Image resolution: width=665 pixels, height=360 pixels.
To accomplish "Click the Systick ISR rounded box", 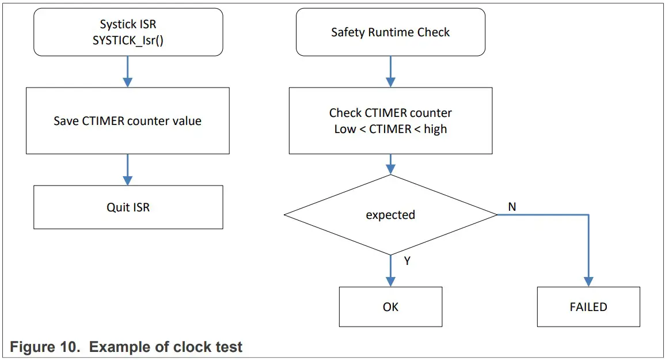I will pyautogui.click(x=128, y=32).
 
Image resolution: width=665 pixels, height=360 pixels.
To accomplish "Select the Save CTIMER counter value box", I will pyautogui.click(x=128, y=121).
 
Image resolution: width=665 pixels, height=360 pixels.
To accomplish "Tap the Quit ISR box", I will pyautogui.click(x=128, y=207).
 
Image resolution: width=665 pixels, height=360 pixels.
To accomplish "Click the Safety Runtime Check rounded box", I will pyautogui.click(x=390, y=32).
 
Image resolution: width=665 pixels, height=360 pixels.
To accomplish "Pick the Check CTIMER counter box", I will pyautogui.click(x=390, y=121).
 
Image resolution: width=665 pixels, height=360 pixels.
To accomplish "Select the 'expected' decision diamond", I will pyautogui.click(x=390, y=215).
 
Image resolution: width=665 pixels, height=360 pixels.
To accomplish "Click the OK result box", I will pyautogui.click(x=390, y=307).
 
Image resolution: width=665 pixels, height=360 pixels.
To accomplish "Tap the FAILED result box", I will pyautogui.click(x=588, y=307).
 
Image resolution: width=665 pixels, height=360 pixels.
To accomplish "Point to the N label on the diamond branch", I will pyautogui.click(x=512, y=206).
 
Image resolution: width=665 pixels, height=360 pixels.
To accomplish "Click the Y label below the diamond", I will pyautogui.click(x=407, y=261).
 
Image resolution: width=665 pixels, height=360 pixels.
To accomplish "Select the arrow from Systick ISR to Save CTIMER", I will pyautogui.click(x=128, y=71).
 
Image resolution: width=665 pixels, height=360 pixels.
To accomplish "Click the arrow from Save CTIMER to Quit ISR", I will pyautogui.click(x=128, y=169).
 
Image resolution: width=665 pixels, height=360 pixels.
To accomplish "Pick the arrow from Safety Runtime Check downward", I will pyautogui.click(x=390, y=71).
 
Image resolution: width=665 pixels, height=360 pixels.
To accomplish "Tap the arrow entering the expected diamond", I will pyautogui.click(x=390, y=165).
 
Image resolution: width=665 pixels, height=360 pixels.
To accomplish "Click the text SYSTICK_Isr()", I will pyautogui.click(x=128, y=41).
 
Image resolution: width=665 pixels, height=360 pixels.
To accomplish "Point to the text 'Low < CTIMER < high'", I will pyautogui.click(x=390, y=129).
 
